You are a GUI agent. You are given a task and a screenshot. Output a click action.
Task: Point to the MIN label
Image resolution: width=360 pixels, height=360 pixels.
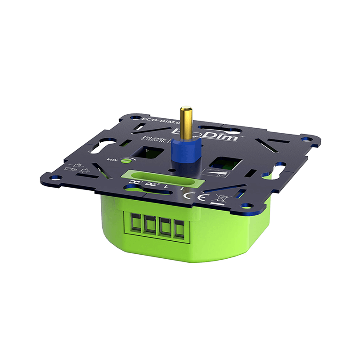(x=112, y=160)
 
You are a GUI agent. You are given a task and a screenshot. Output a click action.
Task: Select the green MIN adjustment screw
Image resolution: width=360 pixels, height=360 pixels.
(x=127, y=159)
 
